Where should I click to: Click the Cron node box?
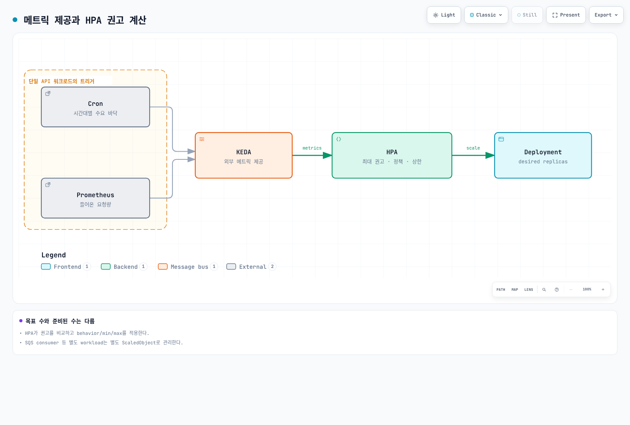95,107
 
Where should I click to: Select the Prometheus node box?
95,198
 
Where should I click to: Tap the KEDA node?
244,155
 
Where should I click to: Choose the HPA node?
392,155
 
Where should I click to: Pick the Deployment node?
543,155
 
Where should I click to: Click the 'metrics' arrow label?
312,148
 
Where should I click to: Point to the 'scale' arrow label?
473,148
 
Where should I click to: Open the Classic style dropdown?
486,15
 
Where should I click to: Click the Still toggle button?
527,15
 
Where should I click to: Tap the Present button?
566,15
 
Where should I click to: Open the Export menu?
606,15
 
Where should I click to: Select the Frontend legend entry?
66,266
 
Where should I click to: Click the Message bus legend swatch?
163,266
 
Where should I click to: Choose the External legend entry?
251,266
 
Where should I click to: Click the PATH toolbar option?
500,290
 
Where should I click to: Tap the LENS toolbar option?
528,290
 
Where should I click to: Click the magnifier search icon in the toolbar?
544,290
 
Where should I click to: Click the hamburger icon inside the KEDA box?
202,139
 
